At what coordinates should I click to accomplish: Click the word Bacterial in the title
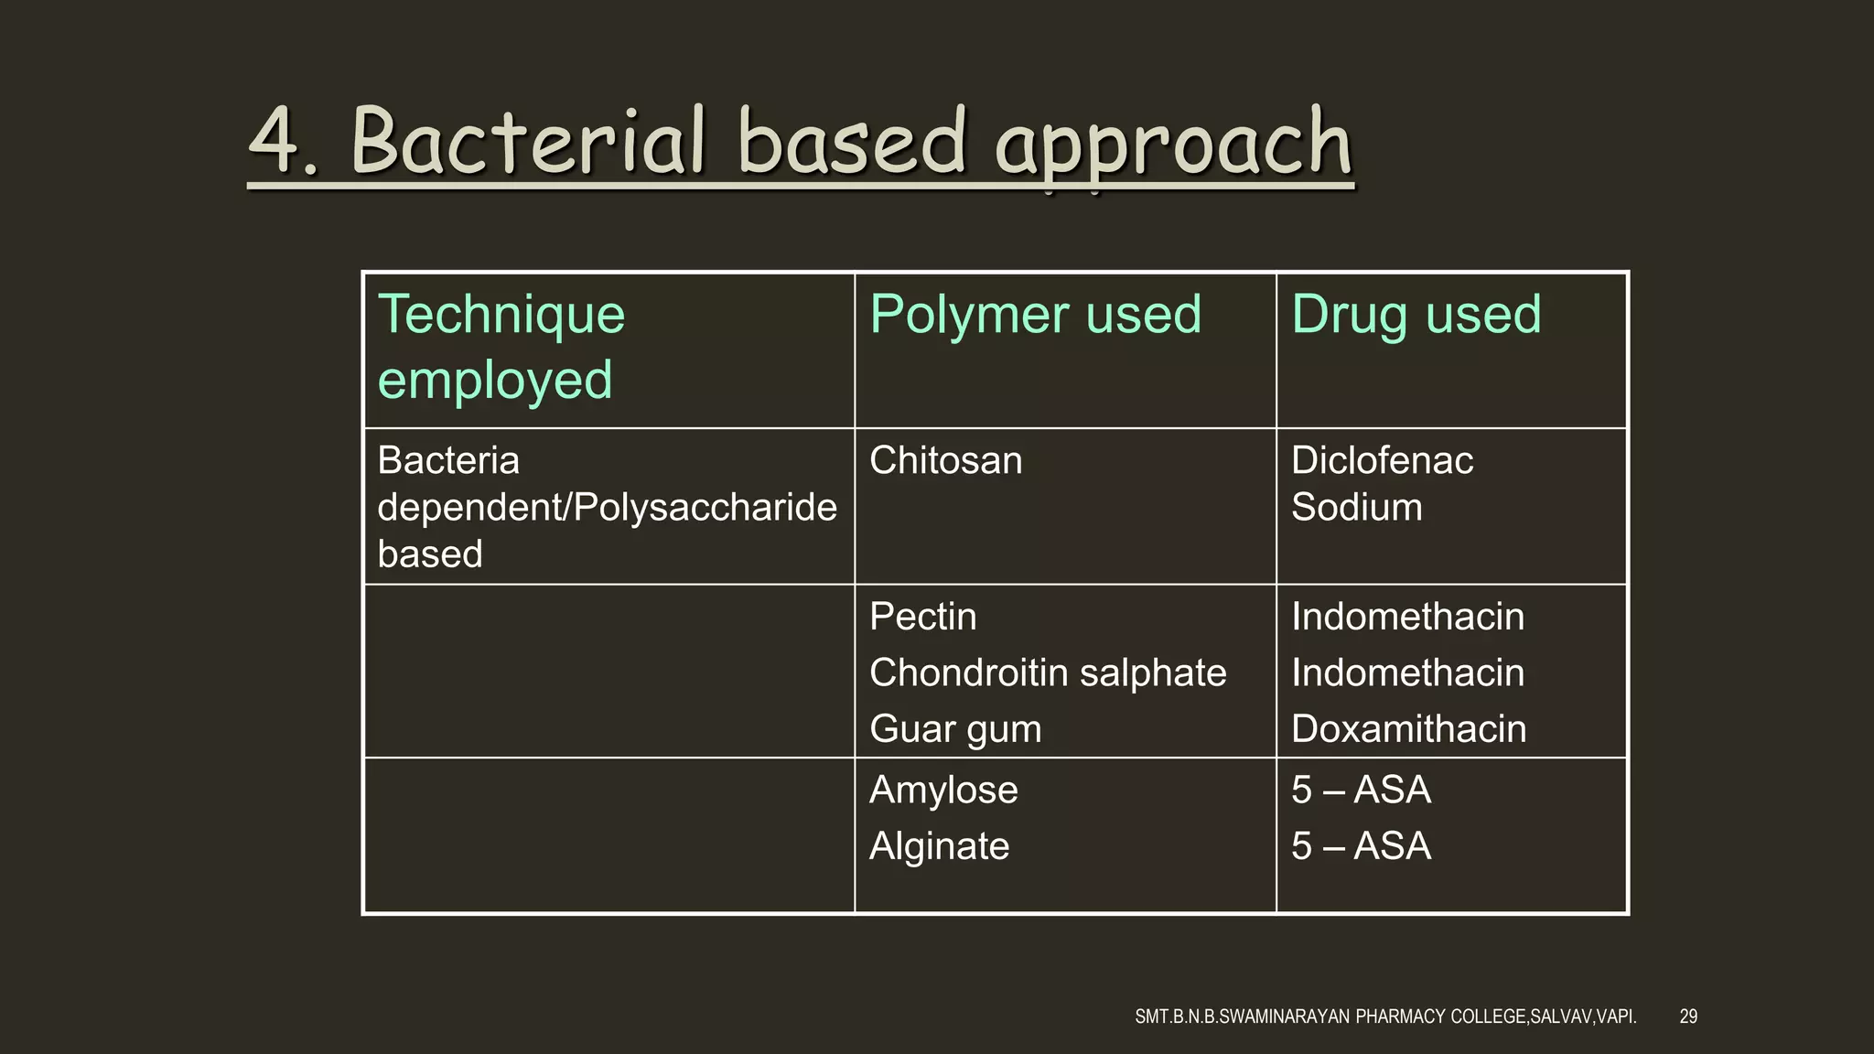pos(528,142)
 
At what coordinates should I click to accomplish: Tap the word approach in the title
pos(1173,146)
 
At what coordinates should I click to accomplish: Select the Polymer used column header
pos(1035,315)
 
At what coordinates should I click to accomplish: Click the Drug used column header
pos(1416,315)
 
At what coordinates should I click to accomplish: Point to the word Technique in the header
pos(501,315)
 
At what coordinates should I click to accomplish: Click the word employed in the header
pos(494,381)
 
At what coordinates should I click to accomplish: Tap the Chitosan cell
pos(945,460)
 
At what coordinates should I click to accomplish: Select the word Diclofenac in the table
pos(1382,460)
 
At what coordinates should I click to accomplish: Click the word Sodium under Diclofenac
pos(1356,507)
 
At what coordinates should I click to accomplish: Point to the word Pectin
pos(922,617)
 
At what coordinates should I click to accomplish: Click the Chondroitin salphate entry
pos(1047,672)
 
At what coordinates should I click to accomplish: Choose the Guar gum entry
pos(955,729)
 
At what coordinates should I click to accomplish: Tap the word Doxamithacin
pos(1408,729)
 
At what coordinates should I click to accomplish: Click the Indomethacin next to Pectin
pos(1407,617)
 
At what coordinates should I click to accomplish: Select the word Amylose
pos(943,790)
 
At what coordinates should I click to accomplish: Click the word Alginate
pos(939,846)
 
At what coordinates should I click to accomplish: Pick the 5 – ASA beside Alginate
pos(1361,846)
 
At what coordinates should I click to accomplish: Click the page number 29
pos(1688,1016)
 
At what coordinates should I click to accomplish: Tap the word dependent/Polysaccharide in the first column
pos(607,507)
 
